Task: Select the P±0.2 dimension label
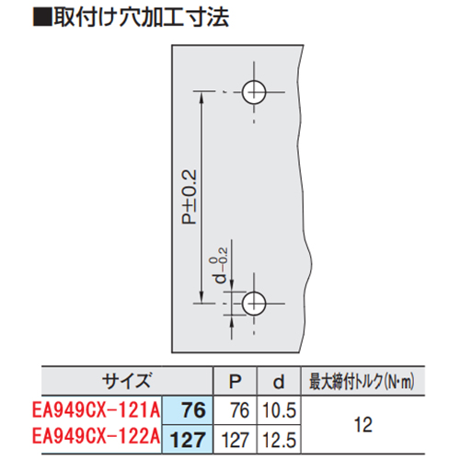pos(189,197)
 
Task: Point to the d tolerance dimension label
pos(221,265)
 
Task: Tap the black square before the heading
pos(42,17)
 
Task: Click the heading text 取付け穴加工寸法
pos(142,17)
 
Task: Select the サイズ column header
pos(127,381)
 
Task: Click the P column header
pos(236,381)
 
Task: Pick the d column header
pos(279,382)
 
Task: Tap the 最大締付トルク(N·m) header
pos(362,382)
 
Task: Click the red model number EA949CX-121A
pos(96,409)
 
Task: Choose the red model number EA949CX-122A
pos(96,436)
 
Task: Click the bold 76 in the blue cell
pos(193,410)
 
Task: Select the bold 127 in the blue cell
pos(188,440)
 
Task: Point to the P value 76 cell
pos(240,410)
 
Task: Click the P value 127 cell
pos(236,440)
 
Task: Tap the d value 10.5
pos(280,410)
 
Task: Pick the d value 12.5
pos(280,440)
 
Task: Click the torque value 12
pos(363,425)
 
